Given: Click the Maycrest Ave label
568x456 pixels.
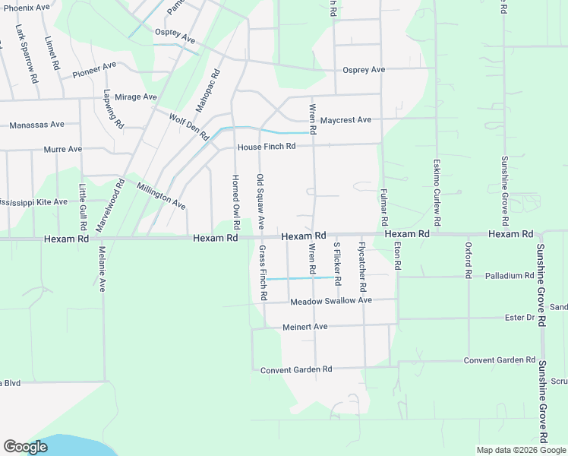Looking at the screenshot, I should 345,120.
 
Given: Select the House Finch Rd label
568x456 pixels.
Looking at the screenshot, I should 266,147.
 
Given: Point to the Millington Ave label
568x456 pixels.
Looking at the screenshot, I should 161,195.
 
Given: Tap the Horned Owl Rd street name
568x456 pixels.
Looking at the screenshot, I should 235,194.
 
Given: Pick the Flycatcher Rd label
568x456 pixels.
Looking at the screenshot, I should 362,268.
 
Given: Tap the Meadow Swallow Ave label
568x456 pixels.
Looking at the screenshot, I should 331,301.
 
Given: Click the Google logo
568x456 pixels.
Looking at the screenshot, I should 25,447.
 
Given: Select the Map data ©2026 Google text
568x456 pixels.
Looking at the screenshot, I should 520,450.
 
